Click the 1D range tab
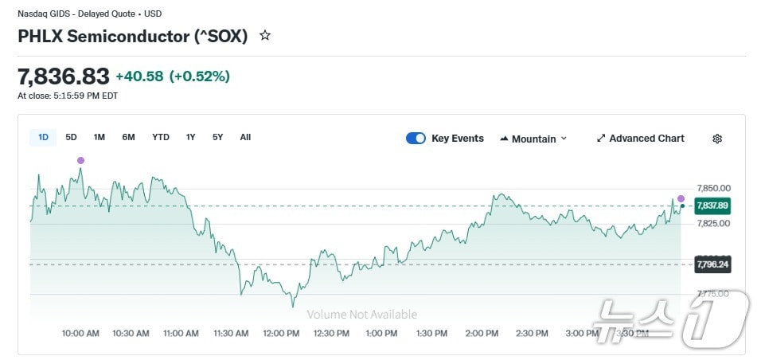click(43, 138)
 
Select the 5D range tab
click(71, 138)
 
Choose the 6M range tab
click(128, 138)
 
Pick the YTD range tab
click(161, 138)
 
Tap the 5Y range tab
click(217, 138)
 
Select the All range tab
click(245, 138)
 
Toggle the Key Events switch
click(416, 139)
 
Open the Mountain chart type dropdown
click(533, 139)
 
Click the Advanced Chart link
click(640, 139)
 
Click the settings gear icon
click(717, 139)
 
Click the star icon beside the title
click(265, 36)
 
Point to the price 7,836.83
click(63, 76)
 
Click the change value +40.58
click(139, 76)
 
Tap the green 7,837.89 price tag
click(712, 205)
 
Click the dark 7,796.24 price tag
click(712, 264)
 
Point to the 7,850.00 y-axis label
click(713, 189)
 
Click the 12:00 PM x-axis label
click(280, 334)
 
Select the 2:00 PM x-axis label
click(482, 334)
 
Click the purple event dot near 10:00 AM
click(80, 161)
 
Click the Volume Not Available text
click(362, 315)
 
